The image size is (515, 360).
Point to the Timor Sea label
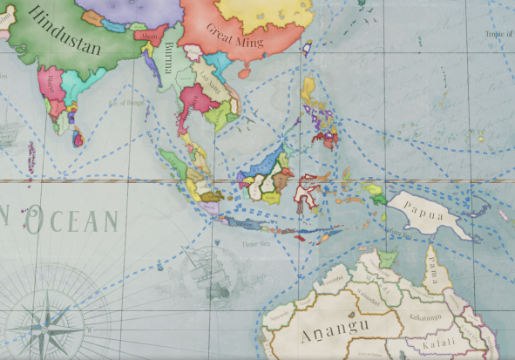click(x=254, y=244)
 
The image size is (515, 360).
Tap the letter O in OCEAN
click(x=37, y=223)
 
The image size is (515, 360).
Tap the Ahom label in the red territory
click(x=151, y=37)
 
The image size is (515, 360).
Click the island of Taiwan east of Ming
click(x=307, y=50)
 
